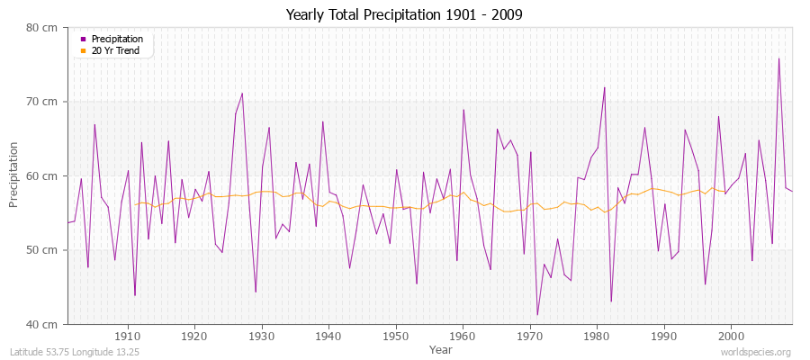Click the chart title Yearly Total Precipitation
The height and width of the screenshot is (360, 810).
404,14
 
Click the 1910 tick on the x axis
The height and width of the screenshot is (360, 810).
128,337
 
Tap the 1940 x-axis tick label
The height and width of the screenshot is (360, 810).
328,337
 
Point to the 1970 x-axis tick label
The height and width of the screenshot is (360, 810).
530,337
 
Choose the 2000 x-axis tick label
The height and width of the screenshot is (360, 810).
731,337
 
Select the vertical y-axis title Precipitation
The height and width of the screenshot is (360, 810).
14,175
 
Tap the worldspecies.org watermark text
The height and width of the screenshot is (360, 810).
757,352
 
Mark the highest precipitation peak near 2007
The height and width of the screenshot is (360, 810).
778,58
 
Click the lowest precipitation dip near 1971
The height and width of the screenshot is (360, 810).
537,315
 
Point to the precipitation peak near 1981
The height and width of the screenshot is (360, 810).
604,87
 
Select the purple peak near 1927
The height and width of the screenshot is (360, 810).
242,93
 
